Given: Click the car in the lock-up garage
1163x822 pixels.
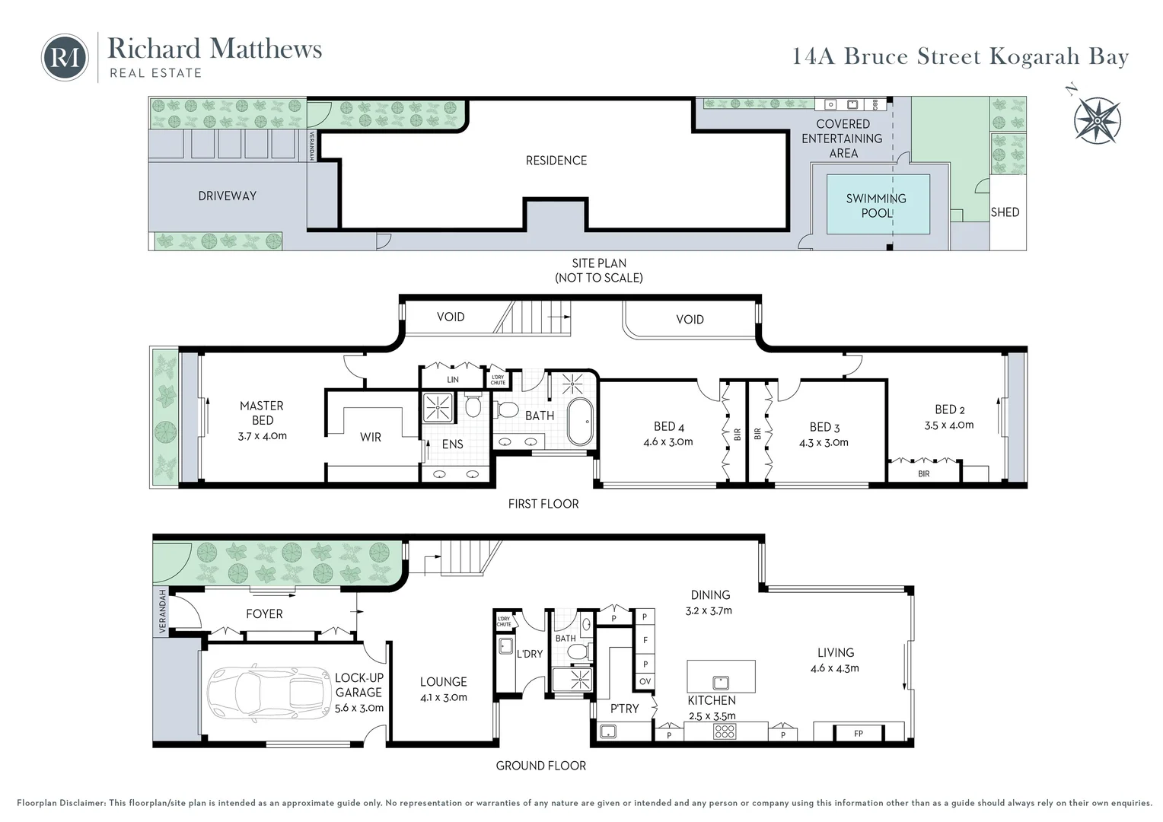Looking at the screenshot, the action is click(266, 692).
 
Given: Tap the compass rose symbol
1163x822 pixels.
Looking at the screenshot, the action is click(1098, 119).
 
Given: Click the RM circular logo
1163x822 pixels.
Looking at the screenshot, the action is click(65, 57).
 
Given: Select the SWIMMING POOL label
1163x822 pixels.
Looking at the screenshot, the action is click(876, 205).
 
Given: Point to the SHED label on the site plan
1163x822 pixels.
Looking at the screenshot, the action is click(1005, 212).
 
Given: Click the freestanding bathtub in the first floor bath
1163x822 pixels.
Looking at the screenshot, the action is click(582, 421).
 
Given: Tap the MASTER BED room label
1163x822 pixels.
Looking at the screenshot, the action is click(262, 413).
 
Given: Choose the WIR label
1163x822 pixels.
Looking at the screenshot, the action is click(371, 437).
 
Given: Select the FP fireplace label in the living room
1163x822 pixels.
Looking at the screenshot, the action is click(859, 734).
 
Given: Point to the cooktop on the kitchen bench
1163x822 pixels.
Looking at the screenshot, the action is click(725, 732).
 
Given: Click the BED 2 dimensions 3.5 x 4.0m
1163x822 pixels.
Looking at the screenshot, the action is click(949, 425).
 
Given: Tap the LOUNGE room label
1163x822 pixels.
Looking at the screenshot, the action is click(443, 682).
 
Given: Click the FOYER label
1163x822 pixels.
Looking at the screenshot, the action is click(264, 613).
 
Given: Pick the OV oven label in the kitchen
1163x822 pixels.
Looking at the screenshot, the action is click(645, 681).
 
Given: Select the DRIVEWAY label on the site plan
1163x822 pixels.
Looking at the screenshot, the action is click(227, 196).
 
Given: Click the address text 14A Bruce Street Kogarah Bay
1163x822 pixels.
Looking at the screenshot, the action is click(961, 56).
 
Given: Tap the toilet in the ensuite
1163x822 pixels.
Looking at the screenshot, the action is click(473, 406).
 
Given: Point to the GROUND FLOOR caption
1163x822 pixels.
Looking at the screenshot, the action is click(540, 766).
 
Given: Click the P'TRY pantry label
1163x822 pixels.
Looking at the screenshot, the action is click(624, 709).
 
